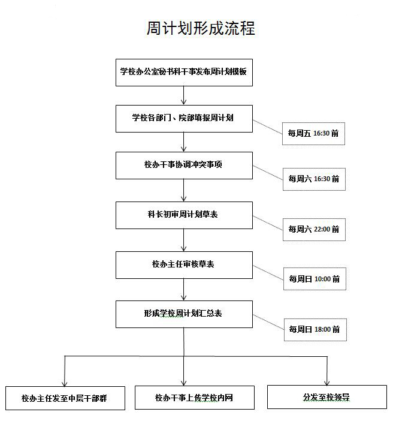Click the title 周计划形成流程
coord(201,28)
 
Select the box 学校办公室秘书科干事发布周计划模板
coord(184,73)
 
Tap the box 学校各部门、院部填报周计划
coord(184,119)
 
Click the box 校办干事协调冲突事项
coord(184,166)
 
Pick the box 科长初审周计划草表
coord(184,215)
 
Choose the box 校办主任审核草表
coord(184,265)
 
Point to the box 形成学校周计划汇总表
coord(184,314)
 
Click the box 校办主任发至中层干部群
coord(65,398)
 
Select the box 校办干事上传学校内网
coord(195,398)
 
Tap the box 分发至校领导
coord(327,397)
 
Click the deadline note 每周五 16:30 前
coord(313,134)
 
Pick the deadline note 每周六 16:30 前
coord(314,179)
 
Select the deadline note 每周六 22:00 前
coord(314,230)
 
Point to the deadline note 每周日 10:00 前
coord(315,279)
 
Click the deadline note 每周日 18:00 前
coord(315,329)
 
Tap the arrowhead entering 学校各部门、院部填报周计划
coord(183,103)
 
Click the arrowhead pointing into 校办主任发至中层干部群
coord(65,383)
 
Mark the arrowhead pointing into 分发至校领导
coord(327,383)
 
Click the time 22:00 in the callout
coord(322,229)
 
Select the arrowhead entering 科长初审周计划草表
coord(183,199)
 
